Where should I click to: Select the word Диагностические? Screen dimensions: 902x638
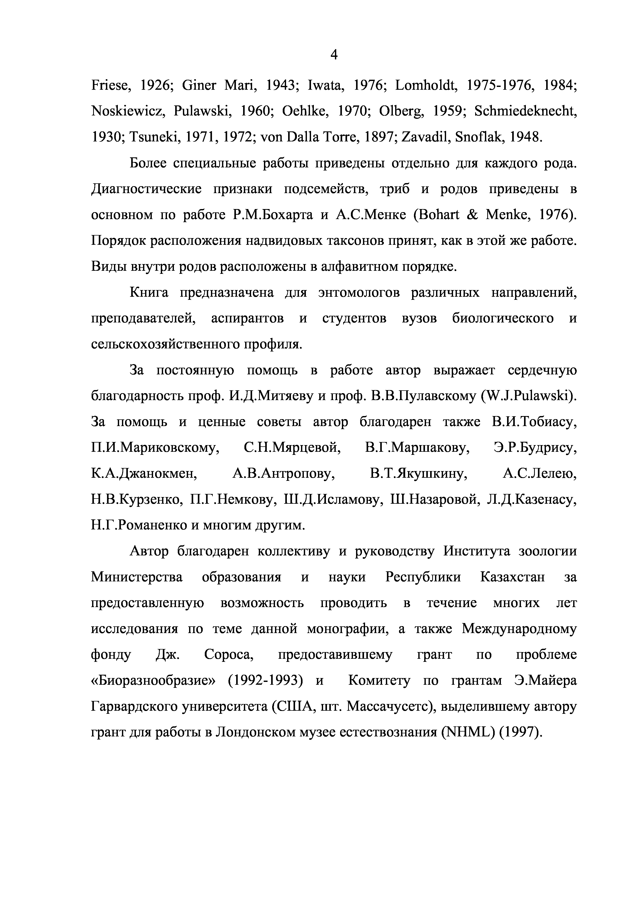(x=146, y=189)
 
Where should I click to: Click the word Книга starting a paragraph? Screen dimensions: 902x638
(x=149, y=293)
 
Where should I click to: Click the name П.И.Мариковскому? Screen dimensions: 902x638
(x=155, y=448)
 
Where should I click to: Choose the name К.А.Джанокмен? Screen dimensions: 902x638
(x=144, y=474)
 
